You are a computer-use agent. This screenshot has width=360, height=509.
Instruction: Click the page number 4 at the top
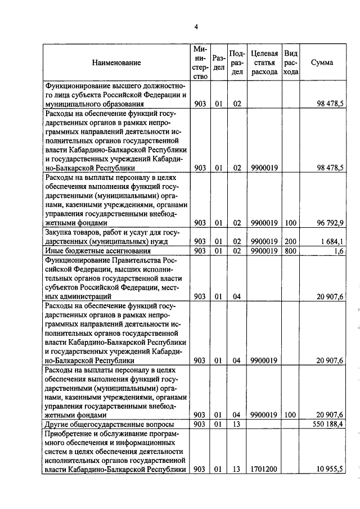(x=196, y=26)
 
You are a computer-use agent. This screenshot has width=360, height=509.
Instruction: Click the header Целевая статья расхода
(x=264, y=62)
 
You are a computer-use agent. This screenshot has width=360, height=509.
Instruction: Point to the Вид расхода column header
(x=290, y=62)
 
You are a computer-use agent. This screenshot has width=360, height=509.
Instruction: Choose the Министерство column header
(x=200, y=62)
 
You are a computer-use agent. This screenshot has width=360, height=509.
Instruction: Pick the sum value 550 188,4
(x=328, y=424)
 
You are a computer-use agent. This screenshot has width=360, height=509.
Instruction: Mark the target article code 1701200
(x=263, y=469)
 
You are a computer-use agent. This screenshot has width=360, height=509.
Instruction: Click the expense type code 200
(x=290, y=241)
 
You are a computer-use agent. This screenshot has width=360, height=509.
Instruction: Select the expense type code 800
(x=290, y=250)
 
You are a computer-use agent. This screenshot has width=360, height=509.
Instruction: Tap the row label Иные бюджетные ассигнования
(x=98, y=250)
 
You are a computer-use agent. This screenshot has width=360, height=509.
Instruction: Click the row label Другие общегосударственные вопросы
(x=109, y=424)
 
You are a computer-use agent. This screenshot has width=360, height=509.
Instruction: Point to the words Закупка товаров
(x=73, y=232)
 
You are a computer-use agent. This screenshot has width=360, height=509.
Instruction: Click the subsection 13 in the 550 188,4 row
(x=237, y=424)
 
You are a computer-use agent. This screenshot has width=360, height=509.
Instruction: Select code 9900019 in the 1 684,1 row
(x=263, y=241)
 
